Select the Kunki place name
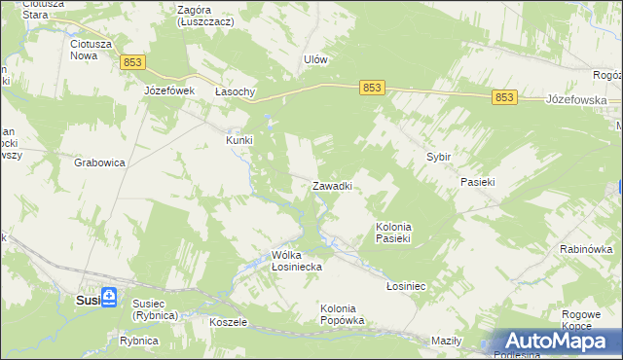point(239,140)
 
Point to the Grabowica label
point(99,163)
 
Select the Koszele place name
point(229,321)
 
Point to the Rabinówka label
point(585,249)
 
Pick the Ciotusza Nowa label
point(91,50)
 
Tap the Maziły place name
point(445,341)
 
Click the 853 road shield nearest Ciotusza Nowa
point(134,62)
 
